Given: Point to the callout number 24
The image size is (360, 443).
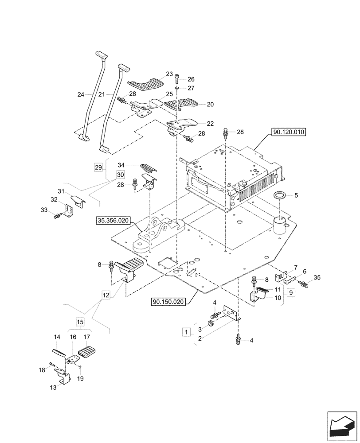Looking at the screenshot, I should pyautogui.click(x=80, y=94).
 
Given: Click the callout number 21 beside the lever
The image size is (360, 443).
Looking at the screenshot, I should pyautogui.click(x=101, y=94).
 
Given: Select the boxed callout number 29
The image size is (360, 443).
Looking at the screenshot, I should pyautogui.click(x=98, y=167).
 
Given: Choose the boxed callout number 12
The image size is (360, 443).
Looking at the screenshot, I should pyautogui.click(x=105, y=294).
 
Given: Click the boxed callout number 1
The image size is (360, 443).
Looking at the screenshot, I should pyautogui.click(x=186, y=331).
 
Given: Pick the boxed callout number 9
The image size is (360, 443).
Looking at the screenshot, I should pyautogui.click(x=290, y=293).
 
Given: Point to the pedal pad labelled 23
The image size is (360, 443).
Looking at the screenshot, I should pyautogui.click(x=144, y=82).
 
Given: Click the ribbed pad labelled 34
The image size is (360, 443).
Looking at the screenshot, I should pyautogui.click(x=149, y=168).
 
